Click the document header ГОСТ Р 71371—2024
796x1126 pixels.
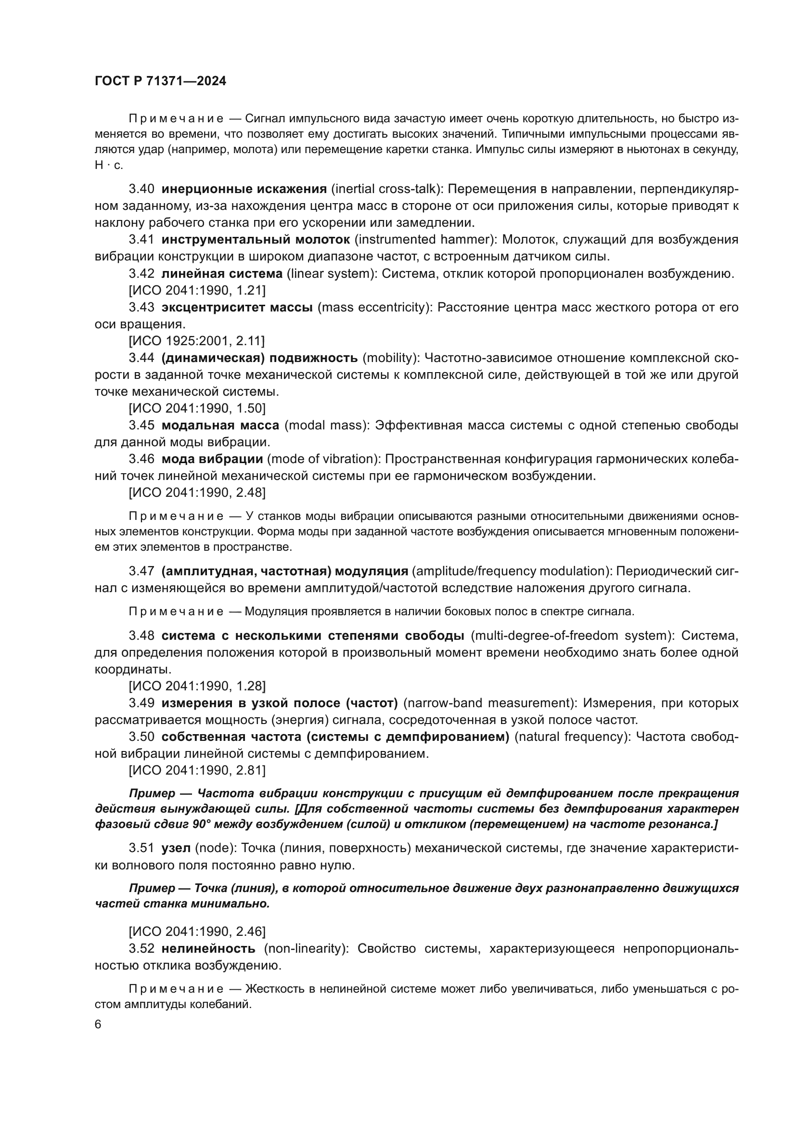pyautogui.click(x=160, y=81)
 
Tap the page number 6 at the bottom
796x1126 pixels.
pyautogui.click(x=98, y=1024)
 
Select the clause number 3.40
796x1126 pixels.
pyautogui.click(x=141, y=189)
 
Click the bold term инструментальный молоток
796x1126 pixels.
pyautogui.click(x=256, y=239)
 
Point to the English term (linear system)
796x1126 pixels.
pyautogui.click(x=331, y=273)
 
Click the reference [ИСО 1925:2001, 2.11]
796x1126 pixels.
pyautogui.click(x=196, y=341)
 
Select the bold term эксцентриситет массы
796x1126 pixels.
pyautogui.click(x=237, y=307)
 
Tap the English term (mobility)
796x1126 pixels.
pyautogui.click(x=391, y=358)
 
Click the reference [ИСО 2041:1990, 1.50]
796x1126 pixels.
pyautogui.click(x=197, y=408)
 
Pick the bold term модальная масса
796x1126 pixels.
pyautogui.click(x=220, y=425)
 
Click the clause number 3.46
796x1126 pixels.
pyautogui.click(x=141, y=459)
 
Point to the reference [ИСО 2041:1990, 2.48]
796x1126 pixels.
pyautogui.click(x=197, y=492)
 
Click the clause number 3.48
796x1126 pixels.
pyautogui.click(x=141, y=635)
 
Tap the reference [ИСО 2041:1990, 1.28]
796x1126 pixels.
pyautogui.click(x=197, y=686)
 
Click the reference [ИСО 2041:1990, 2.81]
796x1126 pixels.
pyautogui.click(x=197, y=770)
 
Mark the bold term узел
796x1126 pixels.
pyautogui.click(x=176, y=848)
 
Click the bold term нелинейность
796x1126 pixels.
pyautogui.click(x=208, y=948)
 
